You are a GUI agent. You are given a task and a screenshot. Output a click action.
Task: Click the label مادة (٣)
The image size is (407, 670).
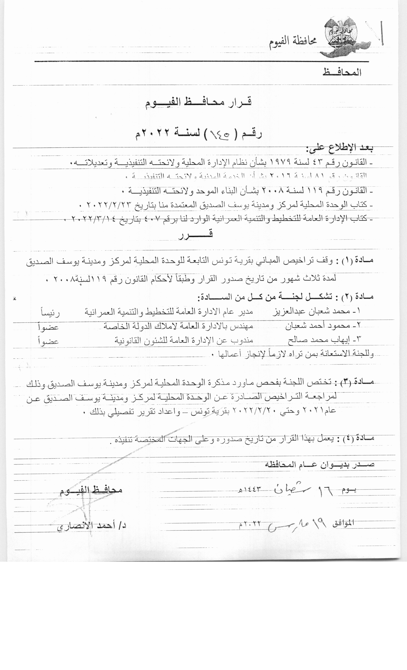pyautogui.click(x=356, y=383)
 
